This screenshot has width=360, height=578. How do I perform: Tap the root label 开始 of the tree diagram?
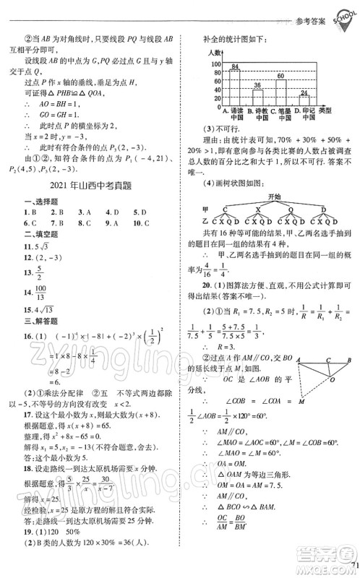click(273, 196)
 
